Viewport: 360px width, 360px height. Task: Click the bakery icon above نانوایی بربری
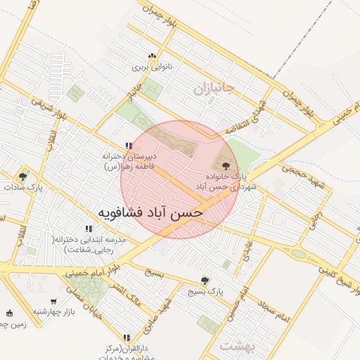(150, 57)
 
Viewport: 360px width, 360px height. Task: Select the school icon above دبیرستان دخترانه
(128, 146)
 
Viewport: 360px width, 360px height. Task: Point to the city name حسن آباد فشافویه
(150, 211)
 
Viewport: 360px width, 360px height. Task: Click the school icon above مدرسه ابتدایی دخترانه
(89, 229)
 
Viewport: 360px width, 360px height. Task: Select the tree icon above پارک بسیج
(205, 279)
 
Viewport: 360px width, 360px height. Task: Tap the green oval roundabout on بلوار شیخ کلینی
(299, 254)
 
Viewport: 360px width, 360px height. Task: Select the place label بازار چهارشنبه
(51, 311)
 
